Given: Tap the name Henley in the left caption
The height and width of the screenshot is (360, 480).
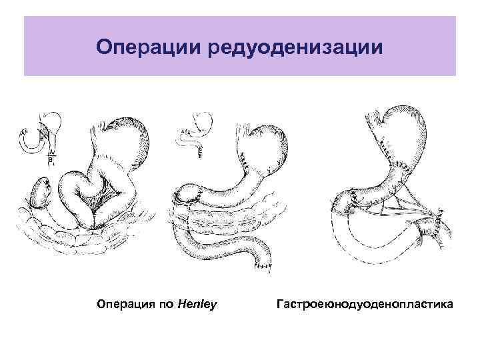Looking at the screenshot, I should coord(198,305).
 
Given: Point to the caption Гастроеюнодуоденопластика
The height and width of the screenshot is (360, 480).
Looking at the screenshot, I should coord(364,305).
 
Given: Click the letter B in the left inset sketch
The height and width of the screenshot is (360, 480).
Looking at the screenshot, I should coord(52,160).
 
